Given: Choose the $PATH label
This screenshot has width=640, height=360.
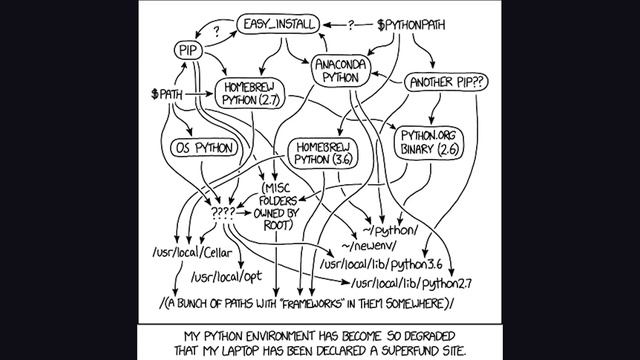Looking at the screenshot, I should tap(167, 95).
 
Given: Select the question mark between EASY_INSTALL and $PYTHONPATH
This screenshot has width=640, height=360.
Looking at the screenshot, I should tap(351, 22).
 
